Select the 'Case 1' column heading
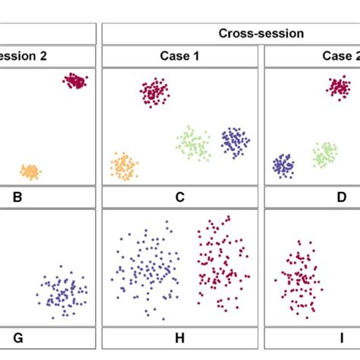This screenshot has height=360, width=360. click(180, 56)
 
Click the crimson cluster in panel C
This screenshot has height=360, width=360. click(155, 92)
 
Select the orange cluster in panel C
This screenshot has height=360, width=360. click(123, 166)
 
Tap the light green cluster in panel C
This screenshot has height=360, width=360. click(194, 144)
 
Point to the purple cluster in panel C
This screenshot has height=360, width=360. click(235, 141)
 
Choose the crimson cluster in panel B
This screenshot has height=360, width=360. click(74, 81)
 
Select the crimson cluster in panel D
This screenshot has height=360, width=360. click(339, 87)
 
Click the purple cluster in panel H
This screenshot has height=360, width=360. click(144, 270)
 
